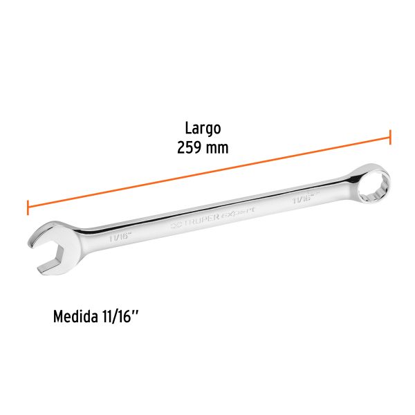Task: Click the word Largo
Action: (202, 128)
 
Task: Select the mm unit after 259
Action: (216, 147)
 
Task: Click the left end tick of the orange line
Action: (28, 207)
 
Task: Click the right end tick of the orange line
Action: (390, 136)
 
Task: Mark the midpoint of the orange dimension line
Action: (209, 172)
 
